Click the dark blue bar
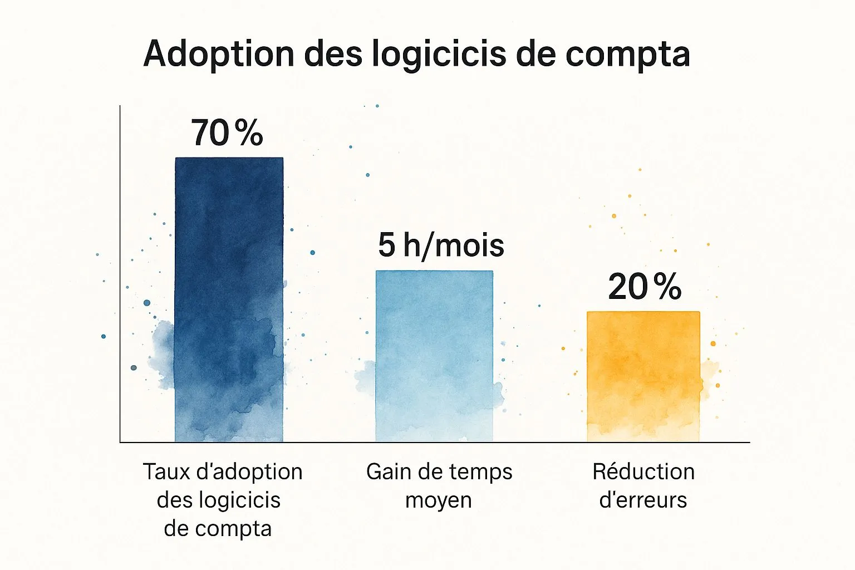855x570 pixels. pyautogui.click(x=229, y=299)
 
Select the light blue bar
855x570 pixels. pyautogui.click(x=434, y=356)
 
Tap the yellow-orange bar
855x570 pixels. pyautogui.click(x=643, y=377)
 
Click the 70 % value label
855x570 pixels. pyautogui.click(x=227, y=133)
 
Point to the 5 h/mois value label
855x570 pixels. pyautogui.click(x=441, y=245)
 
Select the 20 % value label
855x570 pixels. pyautogui.click(x=645, y=286)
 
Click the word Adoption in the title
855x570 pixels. pyautogui.click(x=219, y=54)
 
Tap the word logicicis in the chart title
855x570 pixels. pyautogui.click(x=439, y=54)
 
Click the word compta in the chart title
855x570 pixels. pyautogui.click(x=628, y=55)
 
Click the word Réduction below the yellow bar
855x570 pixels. pyautogui.click(x=643, y=471)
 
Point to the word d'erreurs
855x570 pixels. pyautogui.click(x=643, y=500)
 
